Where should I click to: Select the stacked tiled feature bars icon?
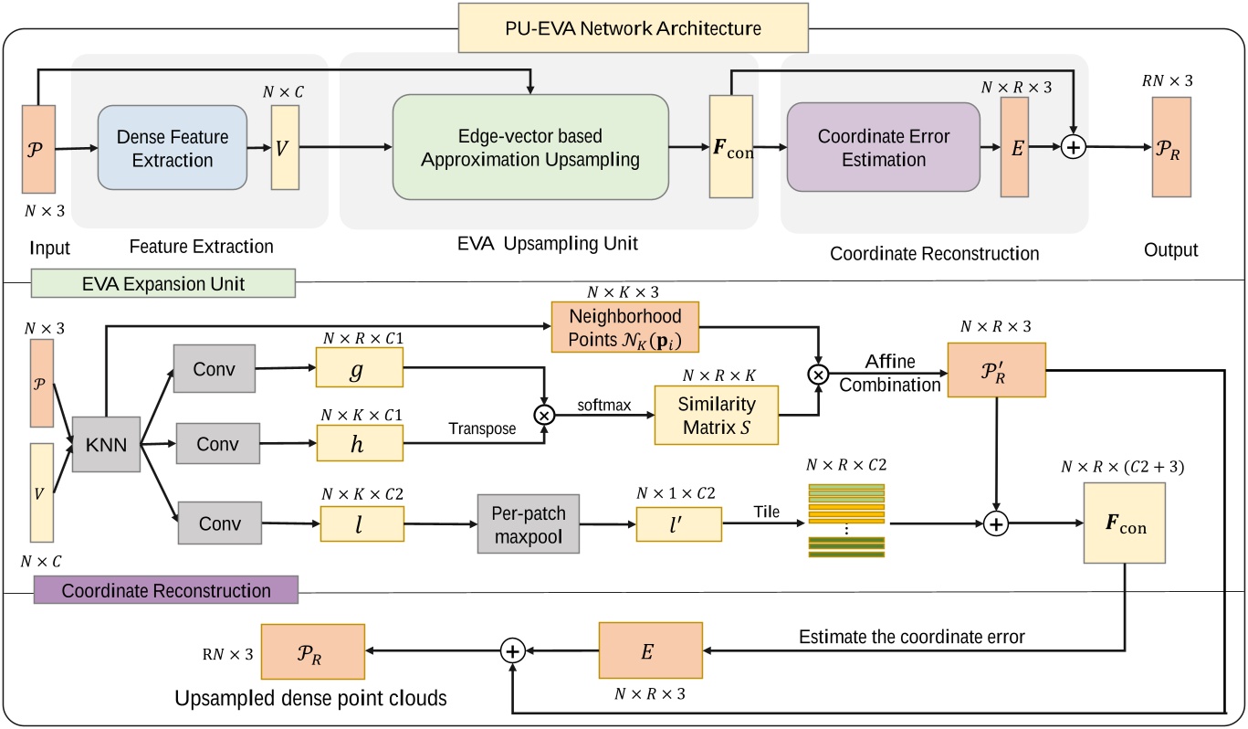846,521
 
